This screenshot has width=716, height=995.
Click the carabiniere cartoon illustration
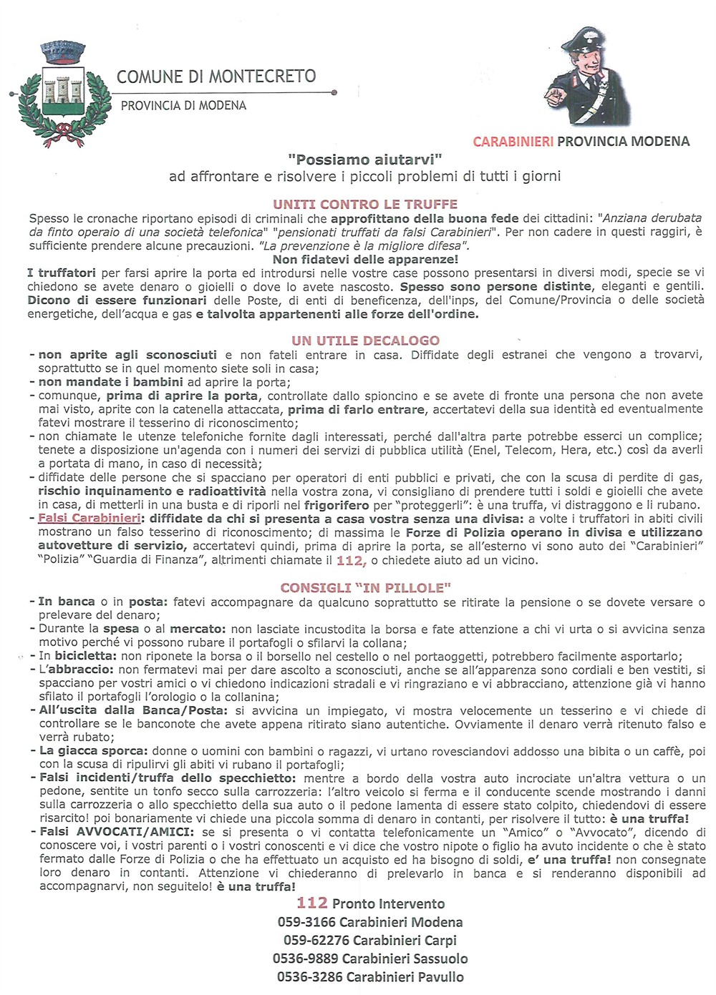tap(586, 78)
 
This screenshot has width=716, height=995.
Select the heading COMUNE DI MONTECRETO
tap(216, 77)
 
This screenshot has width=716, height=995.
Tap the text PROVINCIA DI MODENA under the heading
tap(183, 106)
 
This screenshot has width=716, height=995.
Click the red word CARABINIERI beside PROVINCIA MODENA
tap(513, 142)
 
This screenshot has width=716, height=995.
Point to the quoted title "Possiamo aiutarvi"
tap(365, 160)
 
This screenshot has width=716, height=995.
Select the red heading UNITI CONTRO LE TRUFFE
tap(365, 204)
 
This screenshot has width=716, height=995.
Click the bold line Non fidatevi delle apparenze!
tap(365, 259)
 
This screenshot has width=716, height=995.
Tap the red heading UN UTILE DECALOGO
tap(365, 340)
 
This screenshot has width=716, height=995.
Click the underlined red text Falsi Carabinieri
tap(89, 519)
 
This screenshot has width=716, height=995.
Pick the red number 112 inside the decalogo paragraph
tap(351, 561)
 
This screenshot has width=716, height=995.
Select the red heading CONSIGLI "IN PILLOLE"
tap(365, 588)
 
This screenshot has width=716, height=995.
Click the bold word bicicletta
tap(86, 656)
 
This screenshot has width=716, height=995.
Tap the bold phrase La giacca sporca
tap(93, 751)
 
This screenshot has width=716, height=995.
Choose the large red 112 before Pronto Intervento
tap(312, 903)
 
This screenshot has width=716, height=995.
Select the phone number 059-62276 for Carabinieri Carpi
tap(316, 941)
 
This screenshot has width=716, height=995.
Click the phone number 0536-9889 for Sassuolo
tap(306, 959)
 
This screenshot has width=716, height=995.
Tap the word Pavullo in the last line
tap(440, 977)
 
